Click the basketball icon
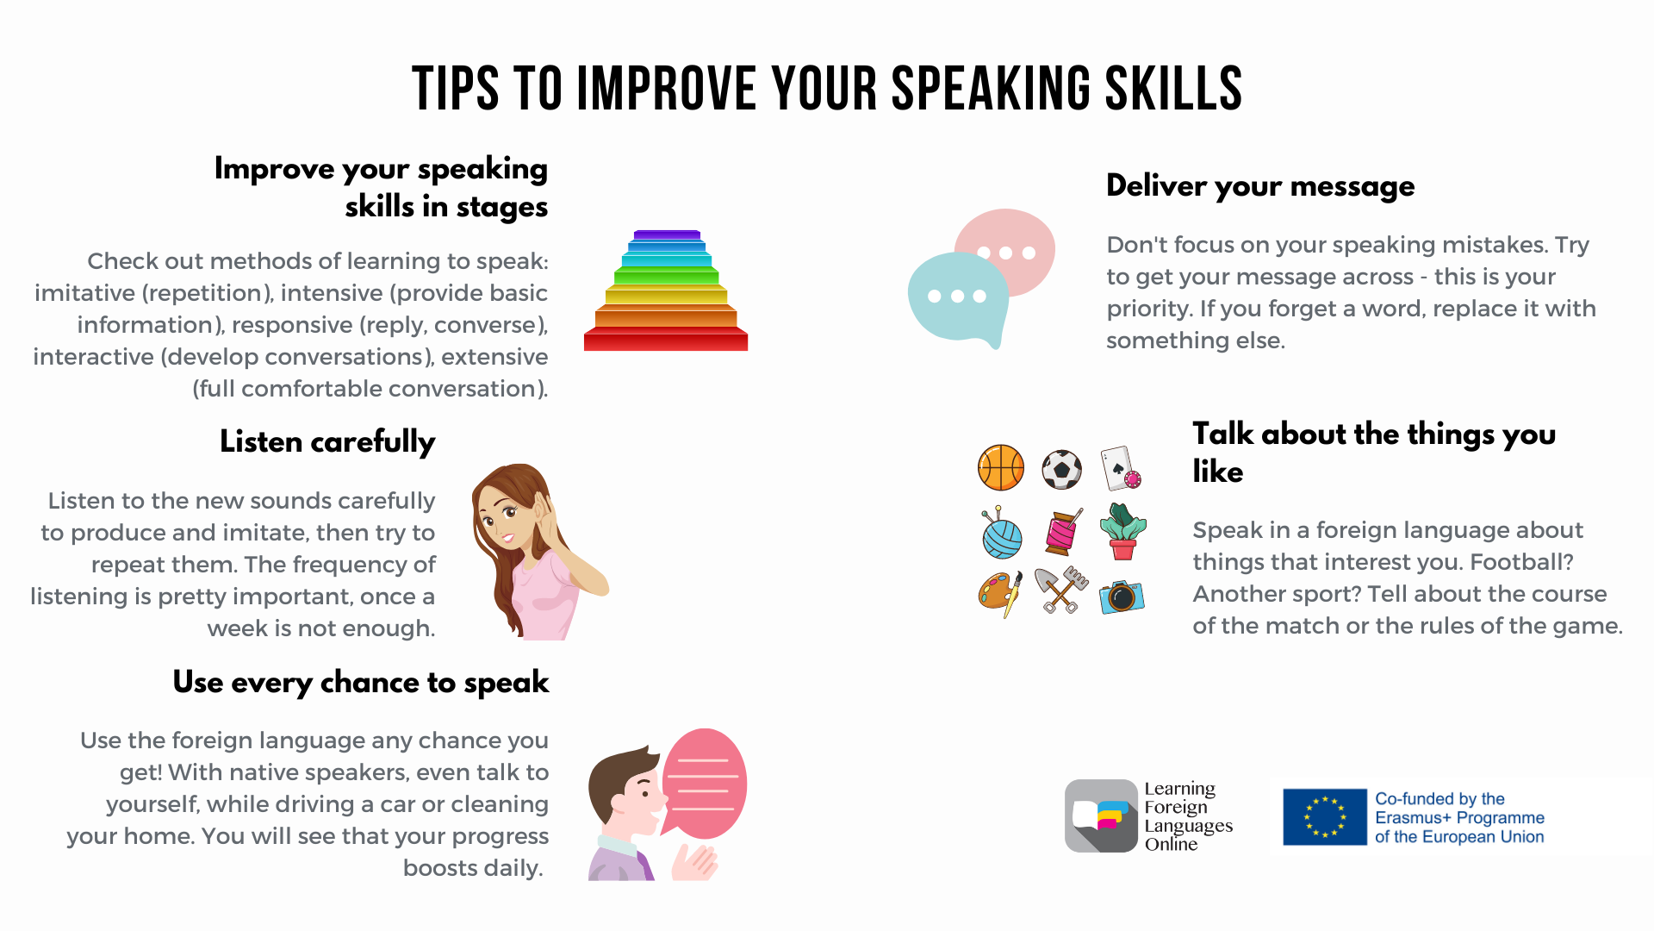click(1001, 467)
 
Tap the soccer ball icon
click(1061, 469)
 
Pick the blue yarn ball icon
click(1001, 534)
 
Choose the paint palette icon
click(1000, 594)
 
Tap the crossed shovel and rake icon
click(1061, 590)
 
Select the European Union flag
click(1325, 817)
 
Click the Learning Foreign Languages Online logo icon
click(1101, 815)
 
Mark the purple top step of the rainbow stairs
click(667, 234)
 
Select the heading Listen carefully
click(327, 442)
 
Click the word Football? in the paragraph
click(1521, 562)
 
